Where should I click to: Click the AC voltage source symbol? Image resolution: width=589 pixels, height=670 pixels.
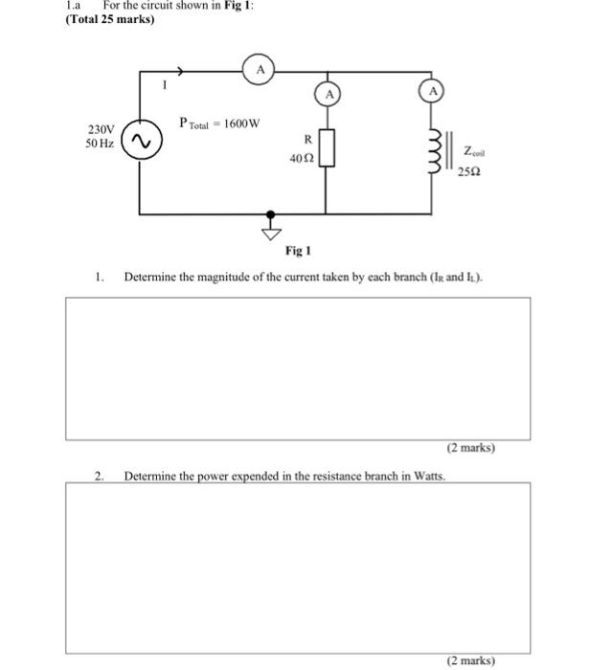point(142,142)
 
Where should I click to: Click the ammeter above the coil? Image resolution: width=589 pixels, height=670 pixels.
point(434,92)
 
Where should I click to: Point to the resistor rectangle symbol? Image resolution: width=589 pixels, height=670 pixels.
point(328,149)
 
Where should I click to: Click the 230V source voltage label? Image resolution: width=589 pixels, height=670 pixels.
point(101,129)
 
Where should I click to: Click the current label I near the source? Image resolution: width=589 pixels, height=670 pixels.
point(164,86)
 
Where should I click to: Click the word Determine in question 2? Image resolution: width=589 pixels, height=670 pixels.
point(150,474)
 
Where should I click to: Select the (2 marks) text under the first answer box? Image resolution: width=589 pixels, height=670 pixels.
point(470,447)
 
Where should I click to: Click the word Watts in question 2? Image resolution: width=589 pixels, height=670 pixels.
point(423,474)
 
